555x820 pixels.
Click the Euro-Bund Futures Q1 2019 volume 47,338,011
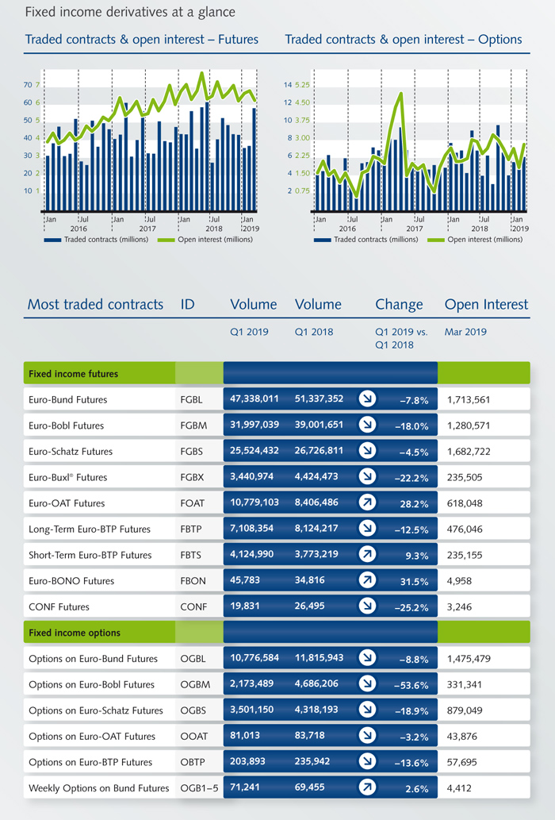(255, 399)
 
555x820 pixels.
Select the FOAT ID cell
(192, 503)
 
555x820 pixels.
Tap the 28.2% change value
(415, 504)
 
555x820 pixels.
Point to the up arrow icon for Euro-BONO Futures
(367, 580)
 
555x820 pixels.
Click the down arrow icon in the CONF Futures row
(367, 606)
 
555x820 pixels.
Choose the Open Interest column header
(486, 304)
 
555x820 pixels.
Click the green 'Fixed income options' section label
(75, 633)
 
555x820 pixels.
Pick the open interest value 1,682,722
(469, 452)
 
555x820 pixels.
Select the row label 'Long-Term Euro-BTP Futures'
(90, 529)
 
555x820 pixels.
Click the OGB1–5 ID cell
(199, 788)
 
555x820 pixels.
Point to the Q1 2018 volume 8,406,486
(316, 502)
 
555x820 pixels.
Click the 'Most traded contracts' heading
(95, 304)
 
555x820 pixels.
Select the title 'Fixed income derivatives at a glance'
(130, 11)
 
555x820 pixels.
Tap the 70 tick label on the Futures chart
(28, 85)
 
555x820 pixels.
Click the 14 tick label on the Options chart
(288, 85)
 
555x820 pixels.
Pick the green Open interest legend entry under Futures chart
(205, 240)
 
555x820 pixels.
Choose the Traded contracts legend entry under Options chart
(366, 240)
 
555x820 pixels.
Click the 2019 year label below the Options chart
(520, 229)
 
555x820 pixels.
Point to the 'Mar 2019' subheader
(465, 332)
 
